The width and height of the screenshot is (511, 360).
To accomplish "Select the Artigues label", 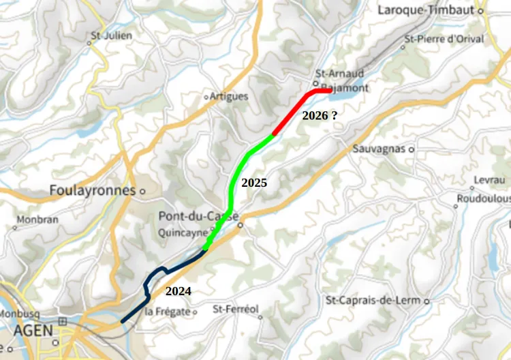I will coord(229,96).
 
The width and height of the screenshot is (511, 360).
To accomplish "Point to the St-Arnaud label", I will coord(339,74).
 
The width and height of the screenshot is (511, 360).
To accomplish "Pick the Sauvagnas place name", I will coord(380,149).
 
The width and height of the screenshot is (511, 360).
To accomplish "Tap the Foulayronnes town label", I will coord(93,191).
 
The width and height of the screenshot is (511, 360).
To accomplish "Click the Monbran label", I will coord(37,220).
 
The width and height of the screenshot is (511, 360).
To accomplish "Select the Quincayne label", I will coord(183,231).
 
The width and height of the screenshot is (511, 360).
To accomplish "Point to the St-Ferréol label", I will coord(236,310).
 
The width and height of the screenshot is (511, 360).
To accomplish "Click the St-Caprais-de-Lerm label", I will coord(373,300).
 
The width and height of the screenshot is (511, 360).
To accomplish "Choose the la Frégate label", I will coord(167,312).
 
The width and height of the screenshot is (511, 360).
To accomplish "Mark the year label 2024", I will coord(179,292).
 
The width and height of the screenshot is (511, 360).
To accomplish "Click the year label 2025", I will coord(254,183).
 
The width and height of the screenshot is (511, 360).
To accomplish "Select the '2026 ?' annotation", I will coord(320,115).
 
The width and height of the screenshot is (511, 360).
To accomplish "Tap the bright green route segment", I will coord(235,184).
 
